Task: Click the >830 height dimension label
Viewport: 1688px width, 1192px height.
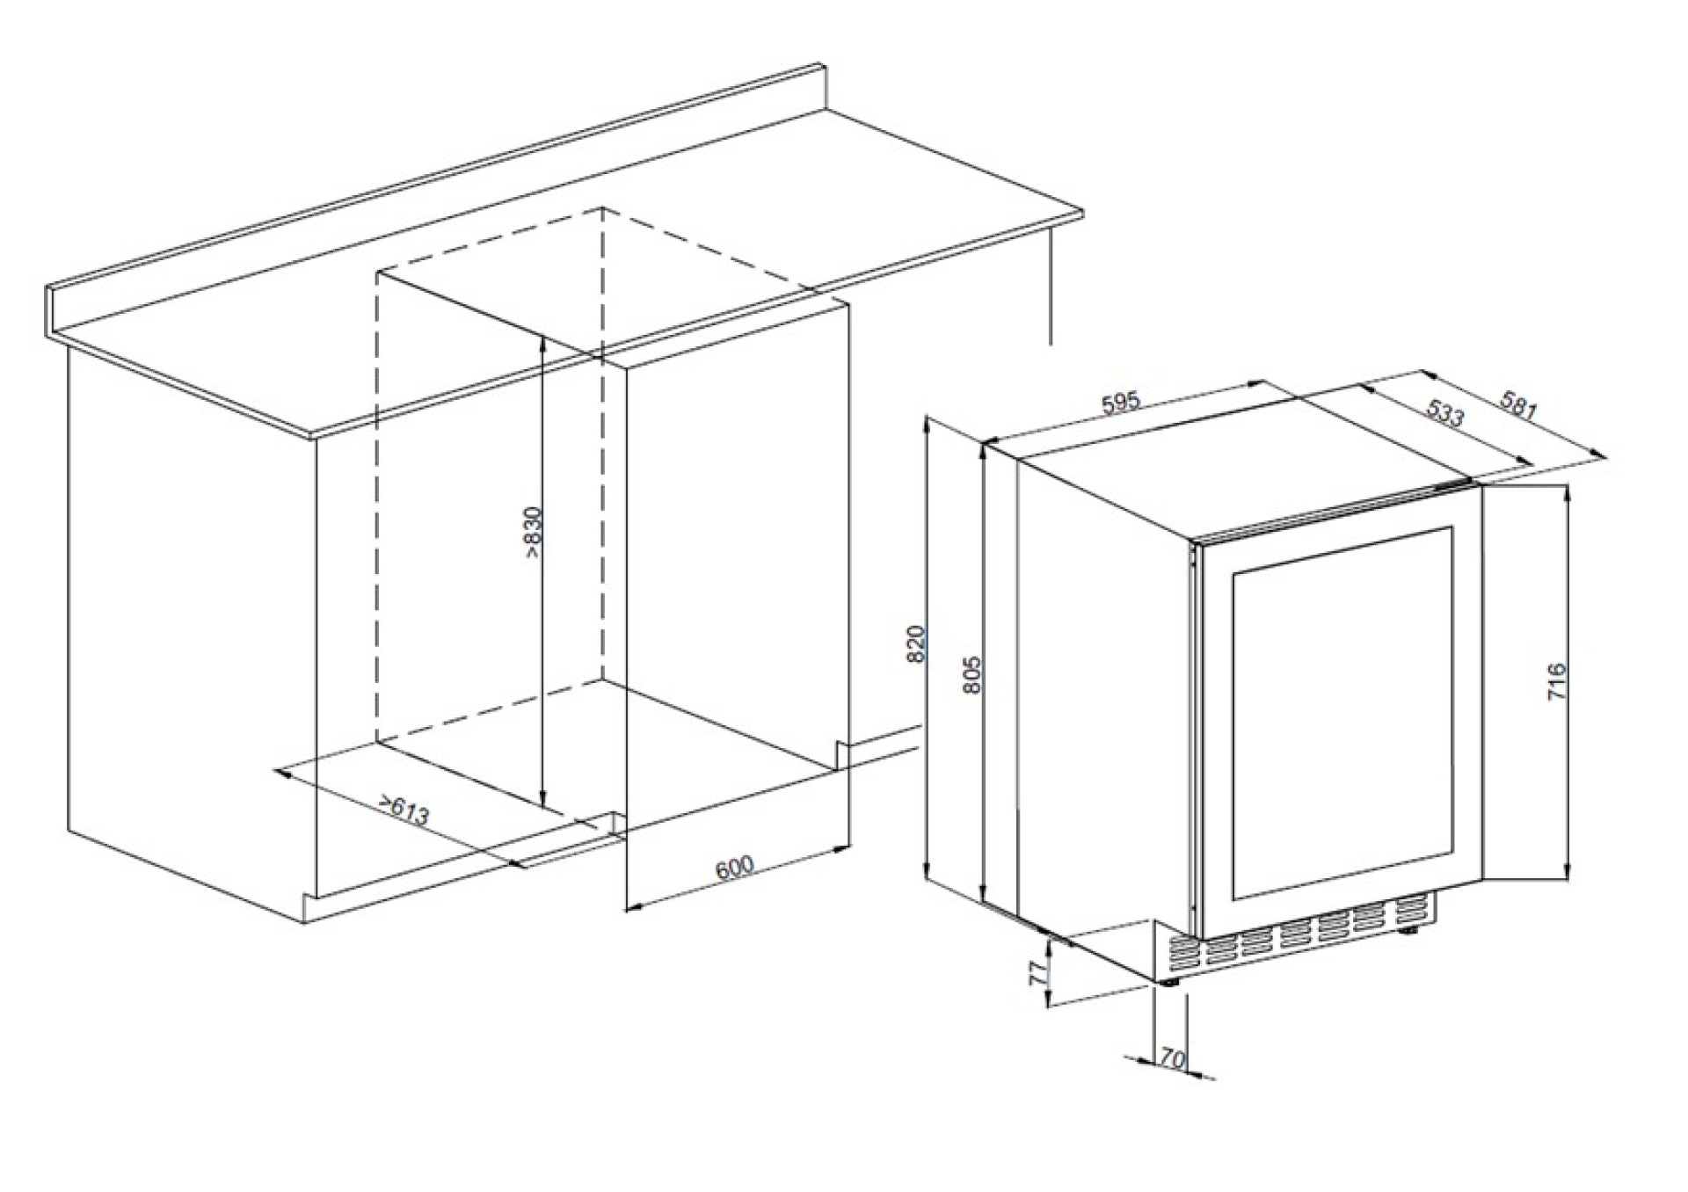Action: [534, 534]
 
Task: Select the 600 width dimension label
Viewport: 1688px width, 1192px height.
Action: [735, 868]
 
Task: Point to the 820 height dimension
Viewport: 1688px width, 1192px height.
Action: [916, 644]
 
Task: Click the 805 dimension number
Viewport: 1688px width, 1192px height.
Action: [971, 675]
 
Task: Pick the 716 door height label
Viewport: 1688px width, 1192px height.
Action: [1556, 682]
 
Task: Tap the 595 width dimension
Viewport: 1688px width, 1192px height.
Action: [1121, 402]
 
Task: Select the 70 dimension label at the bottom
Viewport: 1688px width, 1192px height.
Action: [1172, 1059]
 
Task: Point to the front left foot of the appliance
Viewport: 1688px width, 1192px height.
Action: [1169, 984]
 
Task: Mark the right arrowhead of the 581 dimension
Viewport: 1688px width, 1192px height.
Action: [1598, 454]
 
